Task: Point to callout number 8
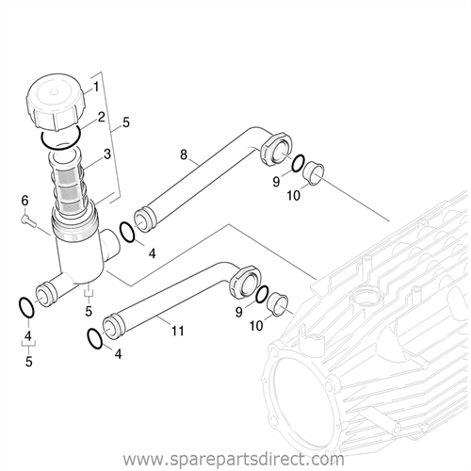(x=184, y=154)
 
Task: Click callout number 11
(x=177, y=331)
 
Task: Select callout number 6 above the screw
(x=24, y=201)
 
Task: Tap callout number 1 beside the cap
(x=96, y=87)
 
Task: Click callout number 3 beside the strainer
(x=106, y=154)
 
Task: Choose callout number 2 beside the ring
(x=101, y=118)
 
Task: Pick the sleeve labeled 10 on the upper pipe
(x=313, y=173)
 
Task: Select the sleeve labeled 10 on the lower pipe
(x=277, y=303)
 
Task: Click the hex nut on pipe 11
(x=245, y=283)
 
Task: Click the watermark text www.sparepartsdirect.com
(x=234, y=460)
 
